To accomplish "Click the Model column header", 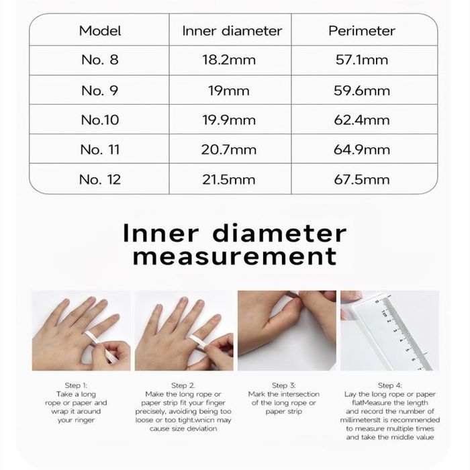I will coord(100,31).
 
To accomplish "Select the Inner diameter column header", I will coord(232,31).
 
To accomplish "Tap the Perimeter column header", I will coord(361,31).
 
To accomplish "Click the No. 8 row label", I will coord(100,60).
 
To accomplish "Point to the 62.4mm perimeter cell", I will coord(361,120).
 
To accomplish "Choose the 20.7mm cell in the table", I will coord(229,150).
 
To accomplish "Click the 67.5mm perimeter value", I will coord(361,179).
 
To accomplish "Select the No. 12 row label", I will coord(100,179).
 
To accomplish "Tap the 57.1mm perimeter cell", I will coord(361,60).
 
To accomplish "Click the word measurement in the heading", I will coord(235,256).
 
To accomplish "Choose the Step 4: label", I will coord(389,385).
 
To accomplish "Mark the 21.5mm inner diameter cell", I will coord(229,179).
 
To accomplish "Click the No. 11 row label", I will coord(100,150).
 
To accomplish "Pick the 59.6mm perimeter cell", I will coord(361,91).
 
